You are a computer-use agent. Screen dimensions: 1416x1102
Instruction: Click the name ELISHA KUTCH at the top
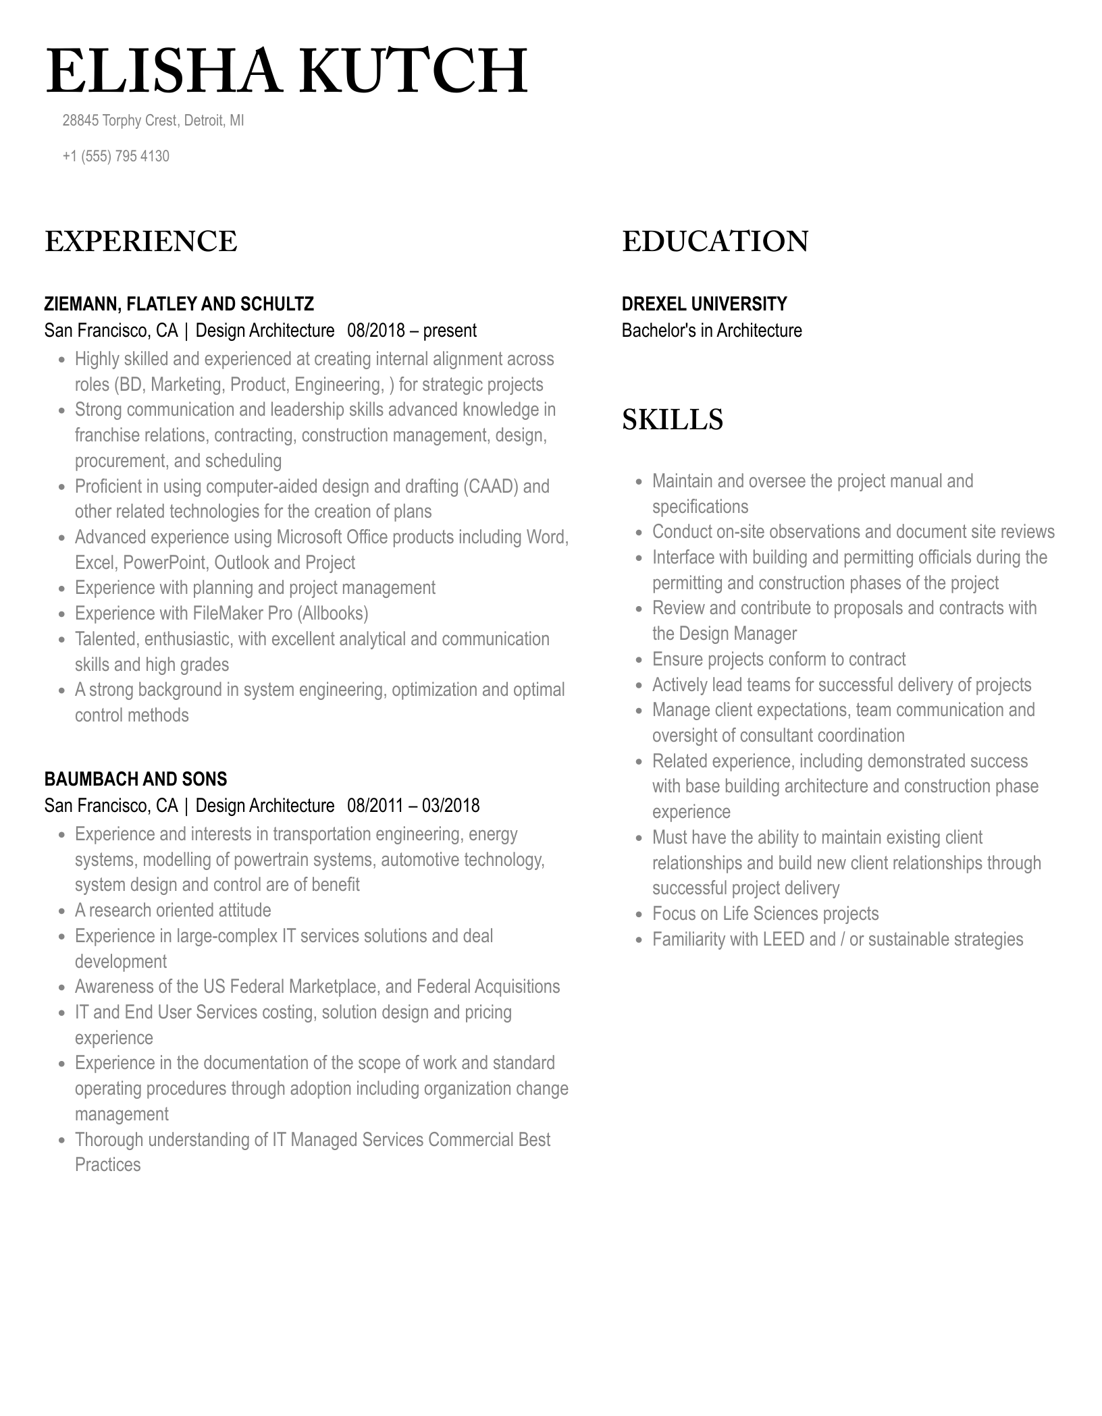click(x=286, y=71)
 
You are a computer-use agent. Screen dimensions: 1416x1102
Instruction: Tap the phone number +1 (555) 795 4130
click(x=115, y=156)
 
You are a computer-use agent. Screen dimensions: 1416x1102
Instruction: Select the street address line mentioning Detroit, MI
click(x=153, y=121)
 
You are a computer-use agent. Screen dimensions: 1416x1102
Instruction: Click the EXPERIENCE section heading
click(x=141, y=242)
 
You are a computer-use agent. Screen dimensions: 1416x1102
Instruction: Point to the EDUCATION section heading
click(x=715, y=242)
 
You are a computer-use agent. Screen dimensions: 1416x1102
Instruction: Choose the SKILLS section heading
click(x=673, y=420)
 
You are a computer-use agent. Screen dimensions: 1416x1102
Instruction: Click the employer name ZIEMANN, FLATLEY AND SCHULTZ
click(x=179, y=304)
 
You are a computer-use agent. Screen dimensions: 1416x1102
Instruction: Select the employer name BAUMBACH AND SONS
click(x=136, y=780)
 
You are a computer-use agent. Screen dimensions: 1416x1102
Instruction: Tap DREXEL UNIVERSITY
click(x=704, y=304)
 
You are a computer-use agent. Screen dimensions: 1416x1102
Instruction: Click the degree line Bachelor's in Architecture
click(x=712, y=331)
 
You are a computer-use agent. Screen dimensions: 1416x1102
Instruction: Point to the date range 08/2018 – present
click(x=412, y=331)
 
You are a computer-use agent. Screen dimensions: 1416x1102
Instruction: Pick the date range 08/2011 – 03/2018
click(x=413, y=806)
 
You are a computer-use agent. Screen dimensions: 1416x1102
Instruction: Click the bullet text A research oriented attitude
click(x=173, y=910)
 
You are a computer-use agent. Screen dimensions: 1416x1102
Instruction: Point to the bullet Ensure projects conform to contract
click(x=779, y=659)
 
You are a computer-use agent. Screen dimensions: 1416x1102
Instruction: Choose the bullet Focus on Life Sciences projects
click(x=765, y=914)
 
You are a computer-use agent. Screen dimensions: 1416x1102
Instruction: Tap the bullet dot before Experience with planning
click(x=61, y=589)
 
